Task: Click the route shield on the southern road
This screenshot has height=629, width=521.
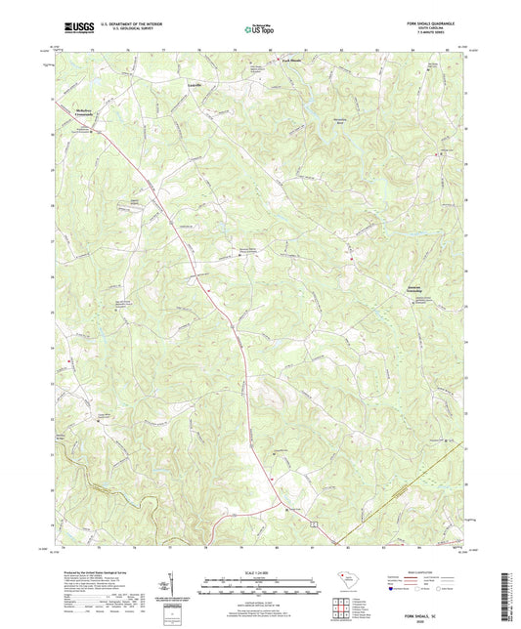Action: coord(313,525)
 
